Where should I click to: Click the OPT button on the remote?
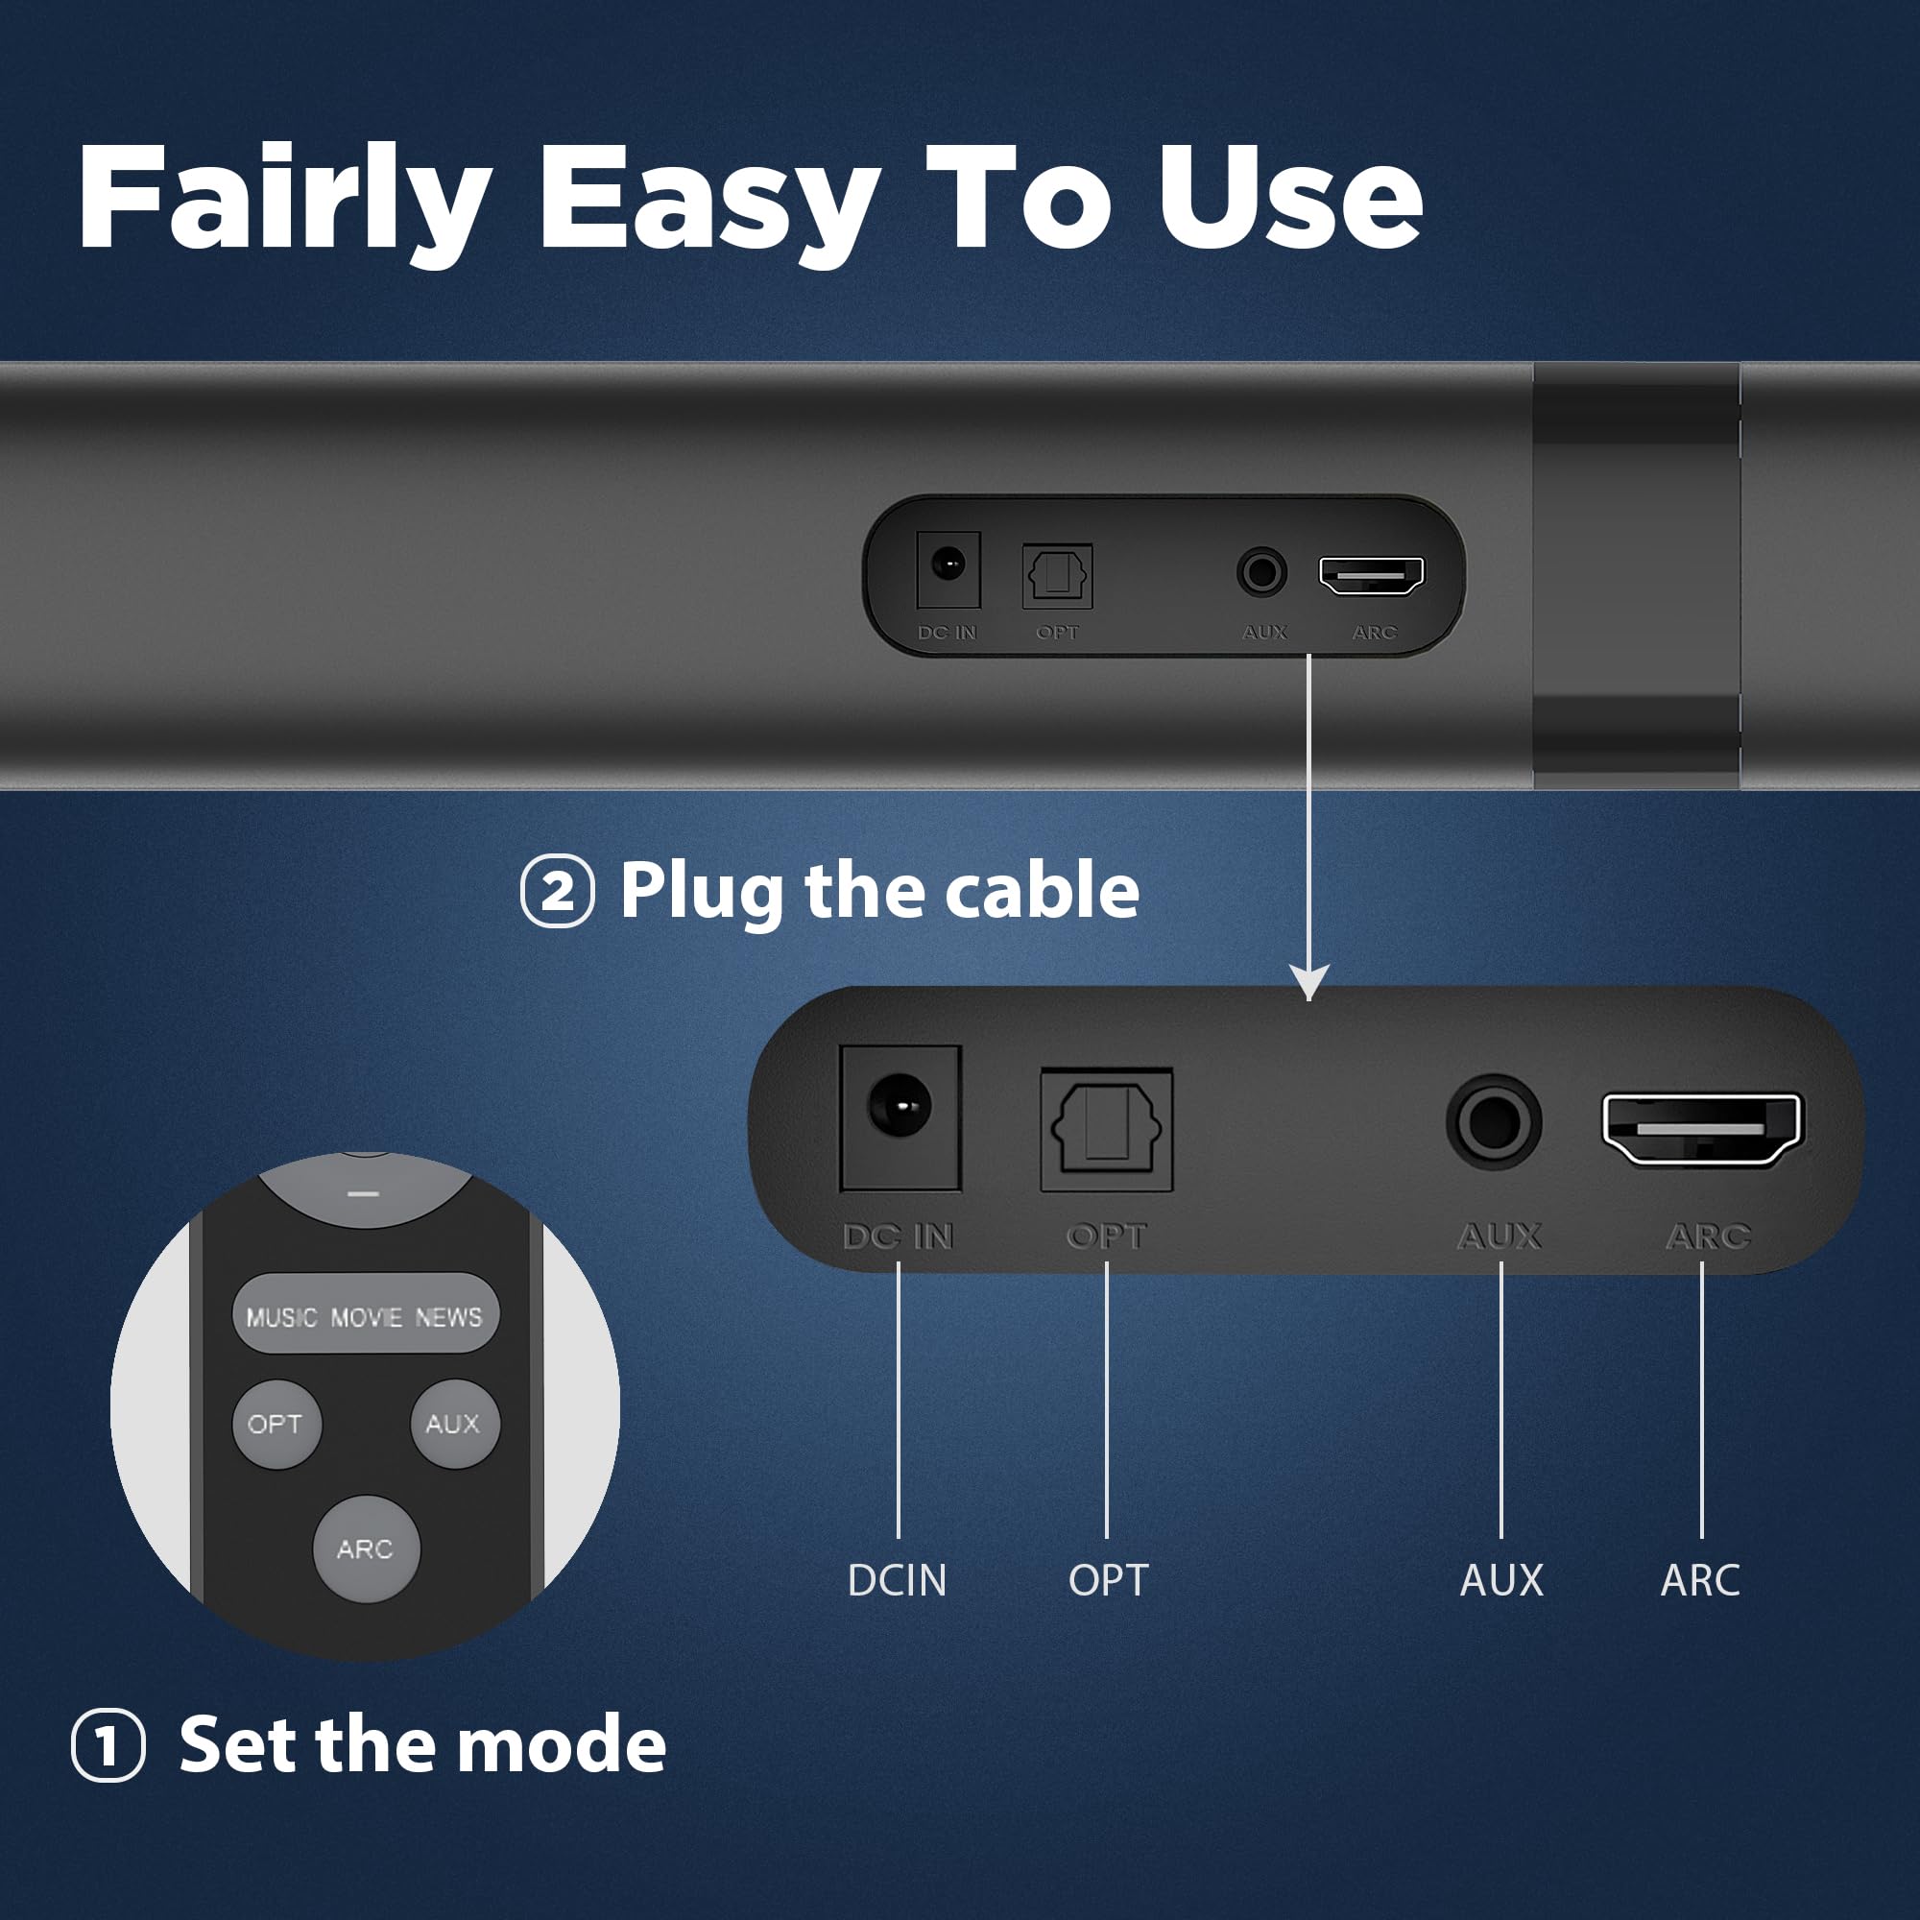click(276, 1424)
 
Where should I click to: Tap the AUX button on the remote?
click(454, 1423)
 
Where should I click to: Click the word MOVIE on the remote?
click(366, 1318)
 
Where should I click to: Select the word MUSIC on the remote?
click(281, 1318)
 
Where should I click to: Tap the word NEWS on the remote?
click(448, 1318)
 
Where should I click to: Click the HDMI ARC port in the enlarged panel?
click(1701, 1129)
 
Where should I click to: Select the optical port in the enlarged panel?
click(1106, 1129)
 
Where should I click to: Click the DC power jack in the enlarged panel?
click(900, 1106)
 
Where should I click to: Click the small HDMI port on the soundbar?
click(1371, 575)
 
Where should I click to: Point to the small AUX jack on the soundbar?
click(1261, 572)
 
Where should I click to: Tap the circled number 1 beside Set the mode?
click(108, 1745)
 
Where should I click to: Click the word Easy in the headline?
click(708, 199)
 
